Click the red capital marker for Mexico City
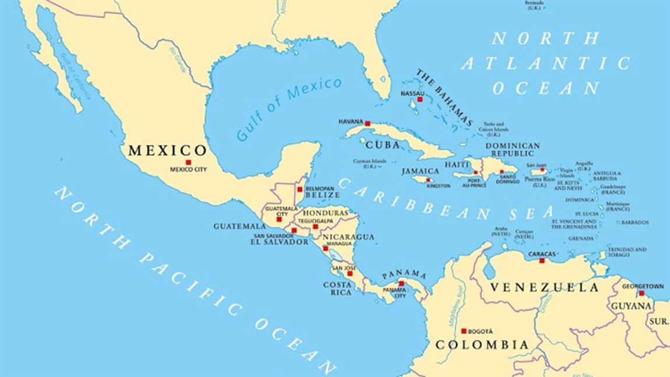coord(188,162)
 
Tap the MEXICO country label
coord(167,150)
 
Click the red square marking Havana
coord(368,124)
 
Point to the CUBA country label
coord(383,145)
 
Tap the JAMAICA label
coord(420,171)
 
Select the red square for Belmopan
coord(300,189)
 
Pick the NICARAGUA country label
coord(348,237)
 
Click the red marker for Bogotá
coord(464,330)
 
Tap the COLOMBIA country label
coord(482,345)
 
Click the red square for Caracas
coord(542,261)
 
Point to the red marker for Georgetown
coord(641,294)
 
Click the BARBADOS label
coord(634,222)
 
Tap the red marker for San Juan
coord(542,171)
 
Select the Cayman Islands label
coord(370,163)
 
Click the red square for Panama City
coord(401,284)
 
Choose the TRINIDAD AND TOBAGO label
coord(627,252)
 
